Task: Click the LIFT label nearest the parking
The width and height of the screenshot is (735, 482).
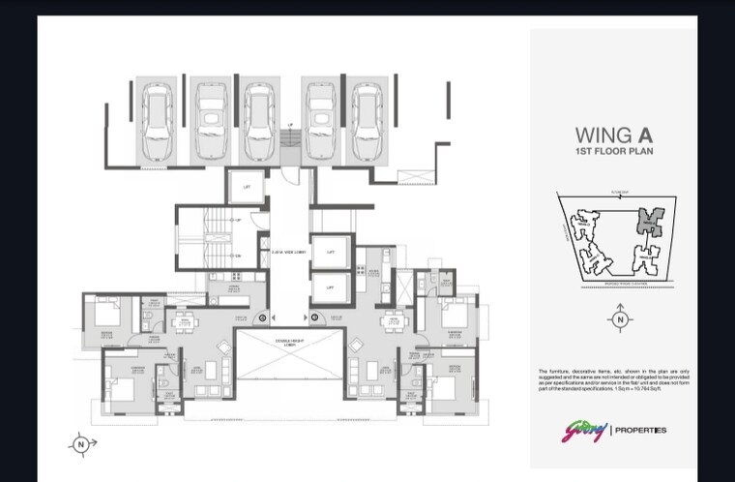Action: tap(247, 186)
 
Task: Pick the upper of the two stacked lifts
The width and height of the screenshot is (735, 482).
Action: tap(330, 251)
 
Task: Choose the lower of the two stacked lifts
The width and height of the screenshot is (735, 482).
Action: tap(330, 287)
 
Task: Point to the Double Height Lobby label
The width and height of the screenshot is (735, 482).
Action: tap(289, 342)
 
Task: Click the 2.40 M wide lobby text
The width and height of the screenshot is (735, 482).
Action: tap(288, 250)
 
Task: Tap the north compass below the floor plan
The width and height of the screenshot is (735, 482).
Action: tap(81, 443)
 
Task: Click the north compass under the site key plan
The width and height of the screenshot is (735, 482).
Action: tap(620, 318)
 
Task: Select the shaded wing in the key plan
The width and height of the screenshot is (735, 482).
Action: tap(649, 222)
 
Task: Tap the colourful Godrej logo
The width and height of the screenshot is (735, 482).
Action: tap(583, 429)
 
